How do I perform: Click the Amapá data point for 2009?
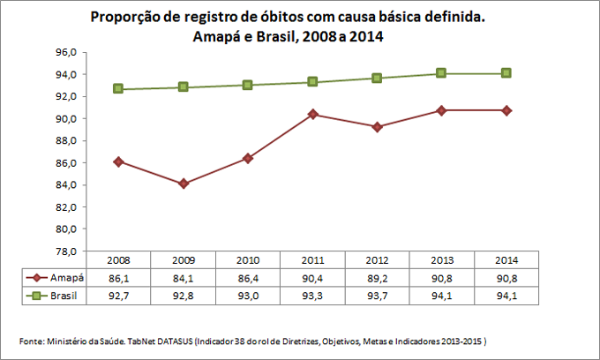(184, 184)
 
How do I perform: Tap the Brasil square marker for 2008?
(118, 89)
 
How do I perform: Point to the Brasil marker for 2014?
(506, 73)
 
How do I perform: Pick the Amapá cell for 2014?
(506, 277)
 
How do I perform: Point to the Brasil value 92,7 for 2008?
(118, 294)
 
